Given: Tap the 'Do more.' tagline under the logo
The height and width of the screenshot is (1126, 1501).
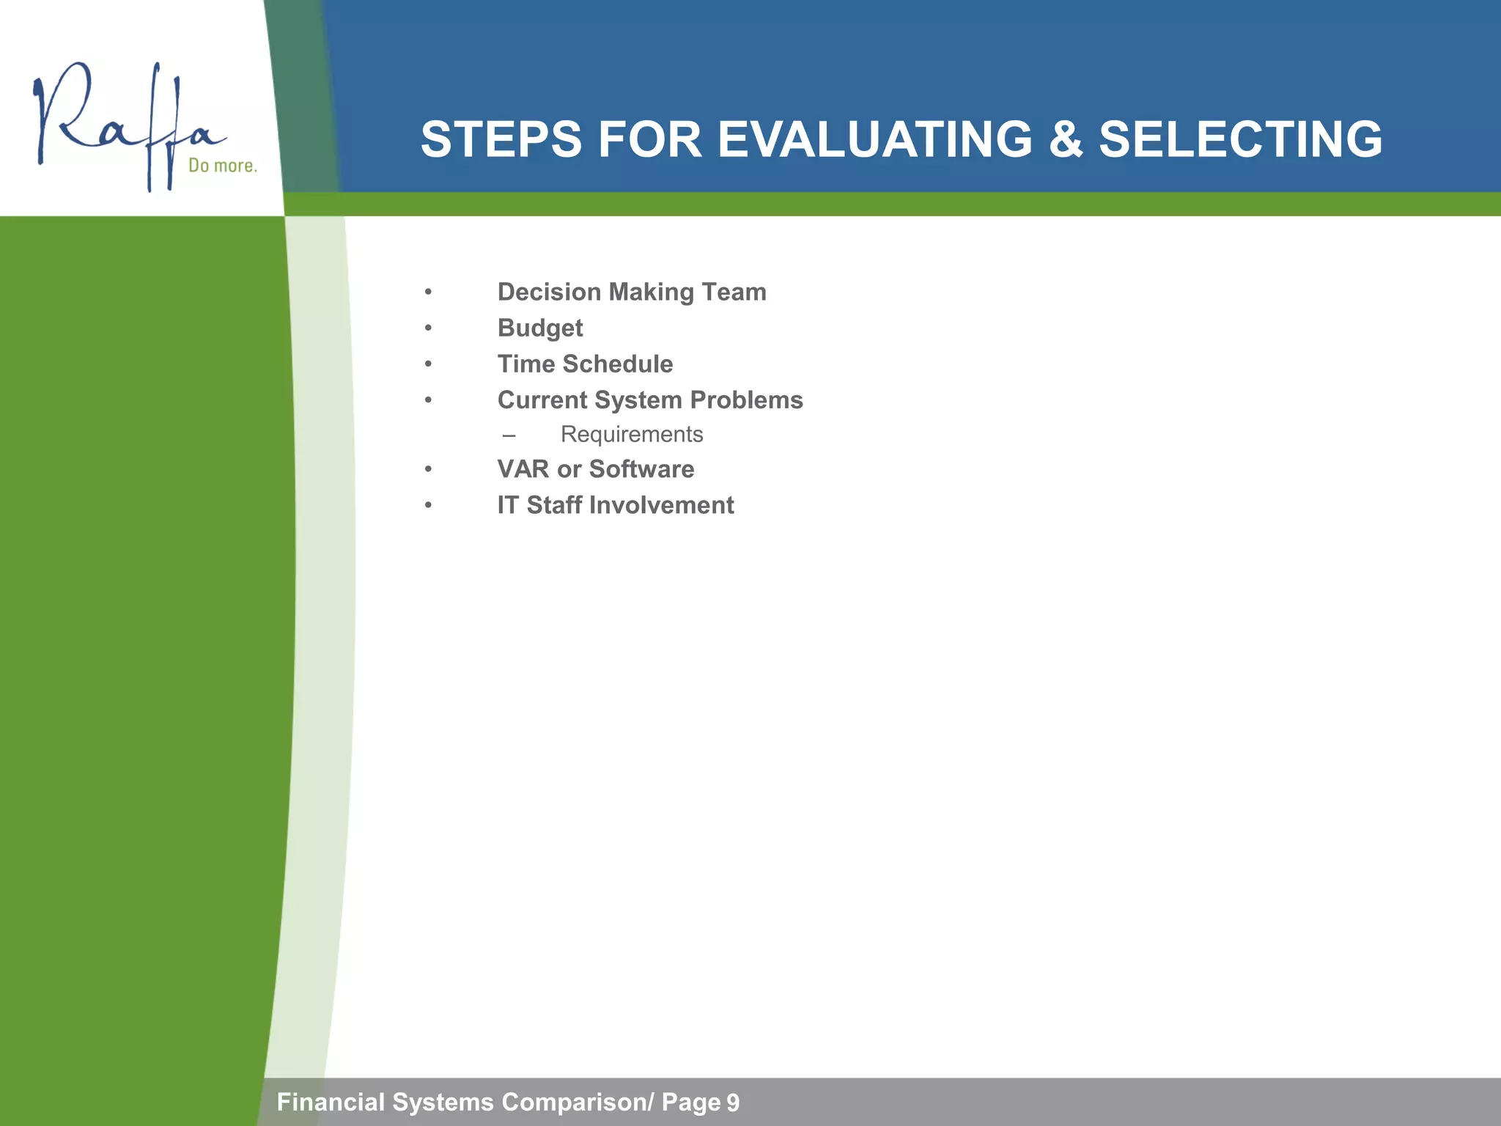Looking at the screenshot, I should [x=223, y=166].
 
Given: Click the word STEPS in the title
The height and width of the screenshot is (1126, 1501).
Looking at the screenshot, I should [x=501, y=139].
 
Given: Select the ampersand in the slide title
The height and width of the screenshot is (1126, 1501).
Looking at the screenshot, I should [x=1065, y=139].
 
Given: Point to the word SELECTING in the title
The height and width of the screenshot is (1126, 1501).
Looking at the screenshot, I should [x=1240, y=139].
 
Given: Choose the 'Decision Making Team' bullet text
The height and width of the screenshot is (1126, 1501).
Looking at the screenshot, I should [x=631, y=292].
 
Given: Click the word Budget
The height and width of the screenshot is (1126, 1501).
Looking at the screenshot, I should [x=539, y=328].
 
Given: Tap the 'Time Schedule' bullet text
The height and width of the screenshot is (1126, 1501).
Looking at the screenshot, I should [x=585, y=364].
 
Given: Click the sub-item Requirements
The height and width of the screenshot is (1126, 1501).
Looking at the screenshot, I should [x=631, y=434].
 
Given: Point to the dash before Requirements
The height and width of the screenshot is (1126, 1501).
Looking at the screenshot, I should [x=509, y=435].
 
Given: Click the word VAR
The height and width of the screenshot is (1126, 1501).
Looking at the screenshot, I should [x=523, y=469].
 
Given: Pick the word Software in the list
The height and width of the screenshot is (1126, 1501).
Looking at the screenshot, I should [x=641, y=469].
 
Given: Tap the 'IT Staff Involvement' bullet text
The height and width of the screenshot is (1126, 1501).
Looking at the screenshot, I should [x=615, y=505].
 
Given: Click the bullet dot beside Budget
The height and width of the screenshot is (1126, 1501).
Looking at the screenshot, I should [x=428, y=328].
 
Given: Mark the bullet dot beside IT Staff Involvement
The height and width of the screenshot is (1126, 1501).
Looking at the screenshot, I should [x=428, y=505].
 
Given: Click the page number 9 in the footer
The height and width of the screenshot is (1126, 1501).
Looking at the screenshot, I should [x=732, y=1103].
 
